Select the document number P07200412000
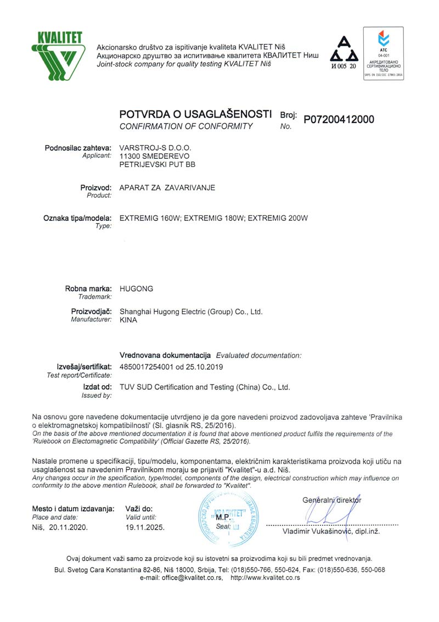(x=339, y=119)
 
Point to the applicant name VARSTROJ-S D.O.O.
(x=156, y=148)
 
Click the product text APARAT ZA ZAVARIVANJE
(x=167, y=187)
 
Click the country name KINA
(x=128, y=320)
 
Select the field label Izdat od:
(x=97, y=387)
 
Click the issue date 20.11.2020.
(x=68, y=527)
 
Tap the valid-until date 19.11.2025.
(x=145, y=527)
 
